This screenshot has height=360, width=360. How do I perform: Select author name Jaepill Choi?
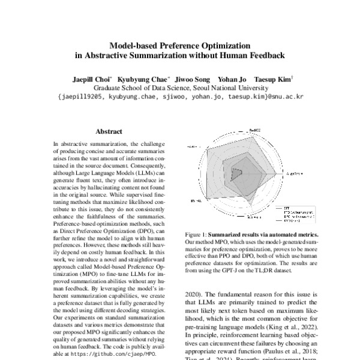coord(92,78)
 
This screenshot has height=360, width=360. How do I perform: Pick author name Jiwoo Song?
coord(194,78)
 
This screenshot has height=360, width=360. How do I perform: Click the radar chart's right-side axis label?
coord(294,173)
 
